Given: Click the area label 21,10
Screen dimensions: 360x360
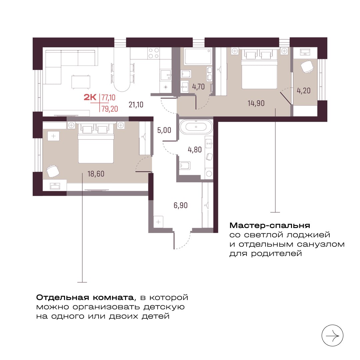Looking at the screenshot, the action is click(x=136, y=105).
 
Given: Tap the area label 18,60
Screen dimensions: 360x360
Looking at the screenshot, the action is click(x=96, y=174).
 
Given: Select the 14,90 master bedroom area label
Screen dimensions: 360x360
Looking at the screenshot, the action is click(x=256, y=103).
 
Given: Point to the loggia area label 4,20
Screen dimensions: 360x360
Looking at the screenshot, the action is click(x=304, y=90).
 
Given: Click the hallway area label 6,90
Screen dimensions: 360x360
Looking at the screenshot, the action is click(x=180, y=205).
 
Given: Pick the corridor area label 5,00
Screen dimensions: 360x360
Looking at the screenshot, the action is click(x=164, y=130).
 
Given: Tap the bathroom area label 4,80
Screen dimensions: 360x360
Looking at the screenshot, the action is click(x=195, y=150).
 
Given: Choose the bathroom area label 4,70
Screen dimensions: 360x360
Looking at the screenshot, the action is click(x=198, y=87).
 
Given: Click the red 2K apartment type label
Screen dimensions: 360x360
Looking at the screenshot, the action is click(x=90, y=97).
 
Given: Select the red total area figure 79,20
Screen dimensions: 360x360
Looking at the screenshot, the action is click(x=110, y=109).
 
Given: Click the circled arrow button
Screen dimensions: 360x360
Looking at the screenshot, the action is click(x=332, y=336).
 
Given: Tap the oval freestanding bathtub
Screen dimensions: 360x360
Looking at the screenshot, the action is click(x=196, y=127).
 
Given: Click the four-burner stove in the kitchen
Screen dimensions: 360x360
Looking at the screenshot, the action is click(x=154, y=53).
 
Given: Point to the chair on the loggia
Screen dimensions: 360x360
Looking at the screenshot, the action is click(x=307, y=66).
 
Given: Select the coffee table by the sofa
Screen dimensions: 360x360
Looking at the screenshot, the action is click(x=81, y=82).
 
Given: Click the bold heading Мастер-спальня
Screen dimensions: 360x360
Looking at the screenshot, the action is click(x=270, y=225).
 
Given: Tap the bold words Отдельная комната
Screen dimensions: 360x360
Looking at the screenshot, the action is click(x=85, y=298).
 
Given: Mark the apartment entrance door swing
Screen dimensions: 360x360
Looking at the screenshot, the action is click(x=182, y=240).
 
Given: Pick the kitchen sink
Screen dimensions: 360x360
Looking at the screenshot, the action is click(x=166, y=75).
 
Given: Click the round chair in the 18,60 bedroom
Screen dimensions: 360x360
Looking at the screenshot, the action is click(x=53, y=171).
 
